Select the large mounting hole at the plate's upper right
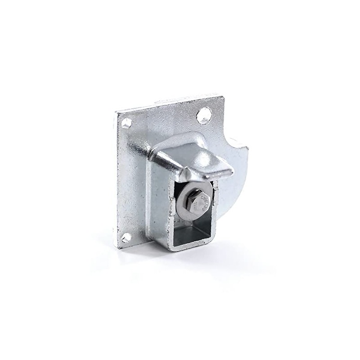point(203,116)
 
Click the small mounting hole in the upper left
point(126,122)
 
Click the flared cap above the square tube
point(198,157)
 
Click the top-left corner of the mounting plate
point(117,111)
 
